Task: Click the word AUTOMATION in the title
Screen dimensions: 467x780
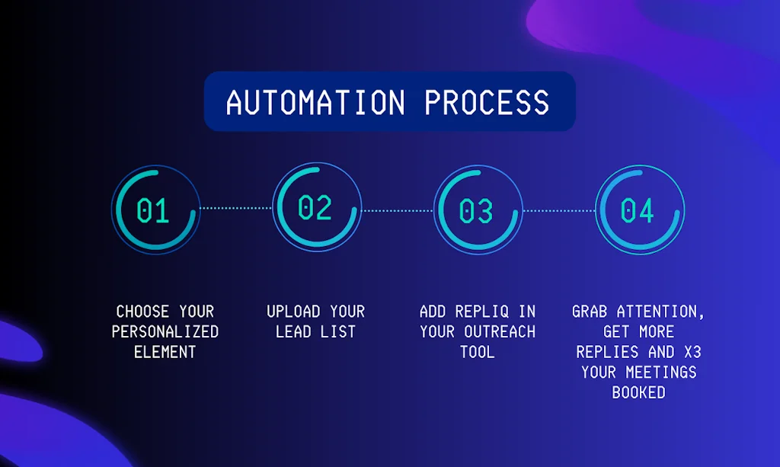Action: point(315,102)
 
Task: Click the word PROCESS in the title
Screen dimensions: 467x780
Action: point(487,102)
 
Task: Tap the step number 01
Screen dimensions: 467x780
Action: point(153,211)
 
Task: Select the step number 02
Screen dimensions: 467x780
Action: point(315,207)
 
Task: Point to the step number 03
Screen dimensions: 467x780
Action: point(477,211)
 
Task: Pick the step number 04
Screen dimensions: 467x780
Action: point(638,211)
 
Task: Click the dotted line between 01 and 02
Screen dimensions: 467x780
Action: point(235,208)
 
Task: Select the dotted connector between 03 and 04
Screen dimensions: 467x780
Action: point(558,210)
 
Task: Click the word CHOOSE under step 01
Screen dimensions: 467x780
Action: point(143,312)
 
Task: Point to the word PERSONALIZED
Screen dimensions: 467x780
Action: point(165,331)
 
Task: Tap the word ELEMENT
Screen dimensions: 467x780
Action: point(165,352)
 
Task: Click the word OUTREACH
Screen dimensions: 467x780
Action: point(500,331)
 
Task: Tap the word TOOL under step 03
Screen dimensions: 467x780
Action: point(477,352)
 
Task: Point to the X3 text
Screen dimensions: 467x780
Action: point(690,352)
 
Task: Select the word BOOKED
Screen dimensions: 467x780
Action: point(638,392)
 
